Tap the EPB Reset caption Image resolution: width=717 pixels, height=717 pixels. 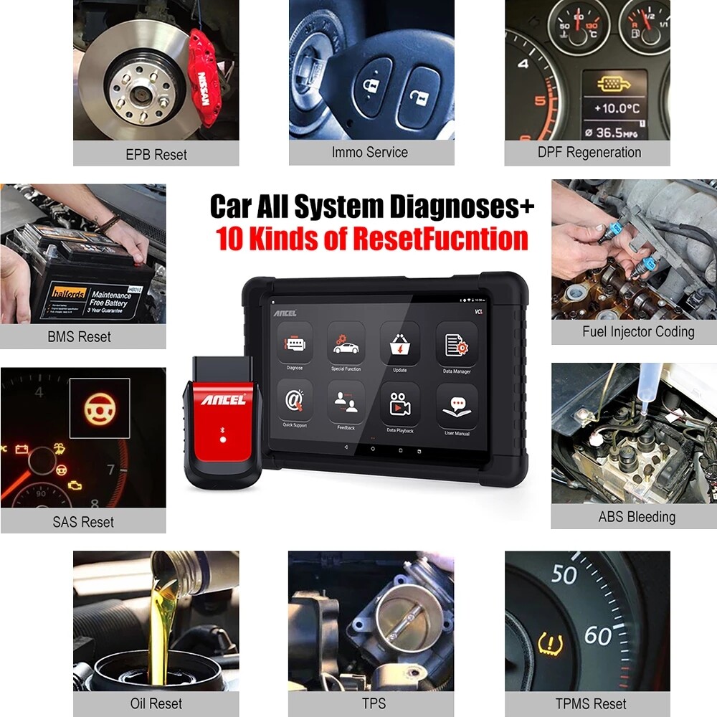pos(156,154)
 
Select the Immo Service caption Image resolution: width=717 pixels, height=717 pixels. pos(369,152)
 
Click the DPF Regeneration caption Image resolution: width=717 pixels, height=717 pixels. pos(589,152)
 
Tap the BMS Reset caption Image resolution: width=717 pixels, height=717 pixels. pos(80,336)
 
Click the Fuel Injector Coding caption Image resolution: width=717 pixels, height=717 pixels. pos(638,332)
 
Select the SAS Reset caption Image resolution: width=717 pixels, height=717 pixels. pos(83,521)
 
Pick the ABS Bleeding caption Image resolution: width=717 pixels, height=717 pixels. pos(637,516)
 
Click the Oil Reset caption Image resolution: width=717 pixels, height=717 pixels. pos(156,703)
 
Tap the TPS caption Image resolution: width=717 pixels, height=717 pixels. pos(371,703)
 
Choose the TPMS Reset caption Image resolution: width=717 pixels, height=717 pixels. pos(591,703)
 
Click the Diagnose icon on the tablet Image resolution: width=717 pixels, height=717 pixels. pos(295,343)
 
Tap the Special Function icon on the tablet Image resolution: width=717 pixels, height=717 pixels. pos(346,343)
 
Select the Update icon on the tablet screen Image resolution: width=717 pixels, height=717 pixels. pos(399,343)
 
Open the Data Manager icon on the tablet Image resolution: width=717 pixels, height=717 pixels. pos(456,343)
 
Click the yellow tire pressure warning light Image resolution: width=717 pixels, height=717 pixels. pos(550,643)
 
